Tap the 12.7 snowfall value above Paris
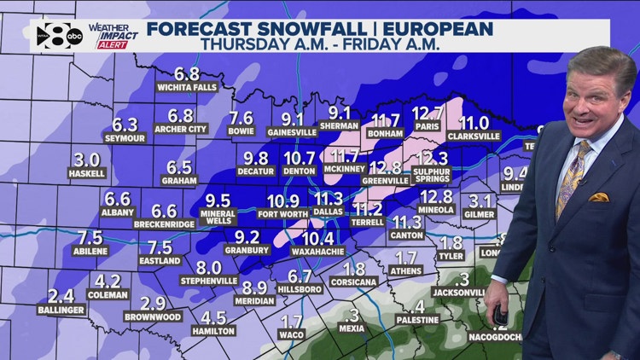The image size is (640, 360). [x=428, y=113]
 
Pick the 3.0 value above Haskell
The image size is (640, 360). [x=87, y=160]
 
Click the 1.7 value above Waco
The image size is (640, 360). [x=291, y=322]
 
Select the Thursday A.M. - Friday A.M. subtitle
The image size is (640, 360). [x=319, y=45]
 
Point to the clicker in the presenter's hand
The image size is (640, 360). [x=498, y=316]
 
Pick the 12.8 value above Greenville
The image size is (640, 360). [x=386, y=167]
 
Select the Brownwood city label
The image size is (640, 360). [x=153, y=316]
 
